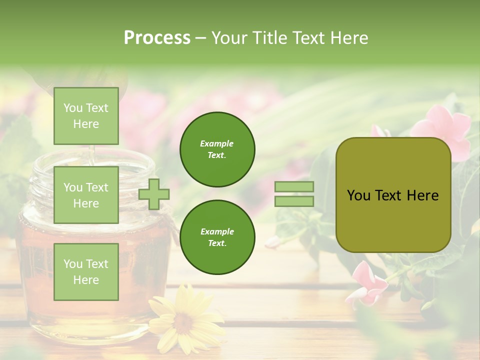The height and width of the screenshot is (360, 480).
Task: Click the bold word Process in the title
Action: pos(157,38)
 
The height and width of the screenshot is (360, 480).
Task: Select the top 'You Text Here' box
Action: pos(86,116)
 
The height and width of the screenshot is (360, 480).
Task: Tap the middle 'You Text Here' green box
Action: pos(86,195)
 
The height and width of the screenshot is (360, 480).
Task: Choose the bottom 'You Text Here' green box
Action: pos(86,271)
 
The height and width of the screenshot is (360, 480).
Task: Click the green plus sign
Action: pos(154,194)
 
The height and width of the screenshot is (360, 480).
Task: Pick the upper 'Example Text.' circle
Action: pos(217,149)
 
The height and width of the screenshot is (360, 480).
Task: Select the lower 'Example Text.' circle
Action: pos(217,237)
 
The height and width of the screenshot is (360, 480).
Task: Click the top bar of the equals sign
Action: pos(294,186)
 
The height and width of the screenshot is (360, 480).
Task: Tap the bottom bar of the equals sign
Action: pos(294,201)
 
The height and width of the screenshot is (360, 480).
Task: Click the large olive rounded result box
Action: pos(393,195)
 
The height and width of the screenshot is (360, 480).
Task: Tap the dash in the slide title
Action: pos(201,38)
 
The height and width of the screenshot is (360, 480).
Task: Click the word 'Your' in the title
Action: pos(230,38)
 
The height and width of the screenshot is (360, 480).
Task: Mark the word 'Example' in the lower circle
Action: pos(217,231)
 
